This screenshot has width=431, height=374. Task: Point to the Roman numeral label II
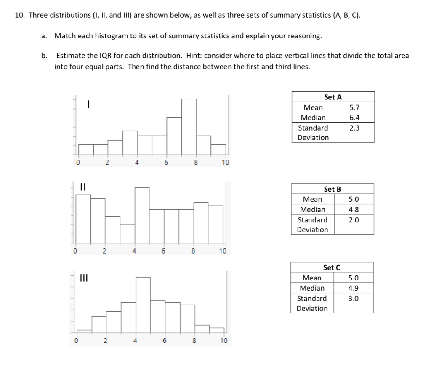click(83, 186)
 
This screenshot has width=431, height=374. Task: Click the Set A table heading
click(333, 97)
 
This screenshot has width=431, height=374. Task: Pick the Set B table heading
click(333, 189)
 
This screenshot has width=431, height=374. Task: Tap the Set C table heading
click(332, 267)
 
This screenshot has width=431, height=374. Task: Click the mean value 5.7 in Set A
click(354, 107)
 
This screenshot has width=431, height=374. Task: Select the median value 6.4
click(354, 118)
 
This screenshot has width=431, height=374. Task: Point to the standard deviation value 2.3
click(354, 128)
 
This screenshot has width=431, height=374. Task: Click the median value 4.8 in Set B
click(354, 209)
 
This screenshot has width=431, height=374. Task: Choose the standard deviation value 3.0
click(354, 298)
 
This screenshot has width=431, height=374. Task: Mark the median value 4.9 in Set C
click(354, 288)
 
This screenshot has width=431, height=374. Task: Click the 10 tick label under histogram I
click(225, 163)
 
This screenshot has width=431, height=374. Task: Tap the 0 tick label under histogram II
click(76, 252)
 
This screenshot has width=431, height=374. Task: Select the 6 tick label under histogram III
click(164, 341)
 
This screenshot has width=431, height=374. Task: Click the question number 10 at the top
click(19, 16)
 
